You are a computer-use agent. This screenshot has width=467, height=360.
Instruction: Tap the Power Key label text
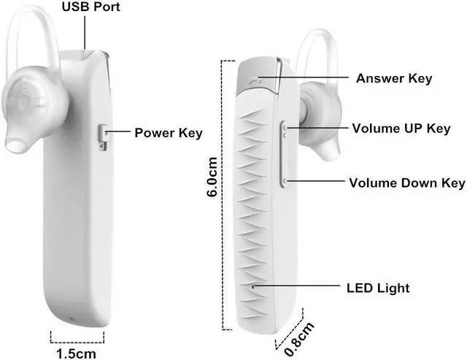pos(168,133)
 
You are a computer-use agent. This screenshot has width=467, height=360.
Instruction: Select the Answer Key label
pos(393,78)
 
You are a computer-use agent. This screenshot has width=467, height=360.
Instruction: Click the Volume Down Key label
pos(406,183)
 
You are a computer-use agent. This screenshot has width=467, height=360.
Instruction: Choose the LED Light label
pos(377,288)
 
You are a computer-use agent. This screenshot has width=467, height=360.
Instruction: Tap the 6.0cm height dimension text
pos(212,177)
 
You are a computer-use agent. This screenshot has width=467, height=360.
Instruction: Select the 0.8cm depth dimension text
pos(299,332)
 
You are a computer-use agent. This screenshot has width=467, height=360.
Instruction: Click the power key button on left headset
pos(101,137)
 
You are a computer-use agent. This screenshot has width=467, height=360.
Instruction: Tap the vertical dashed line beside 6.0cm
pos(223,183)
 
